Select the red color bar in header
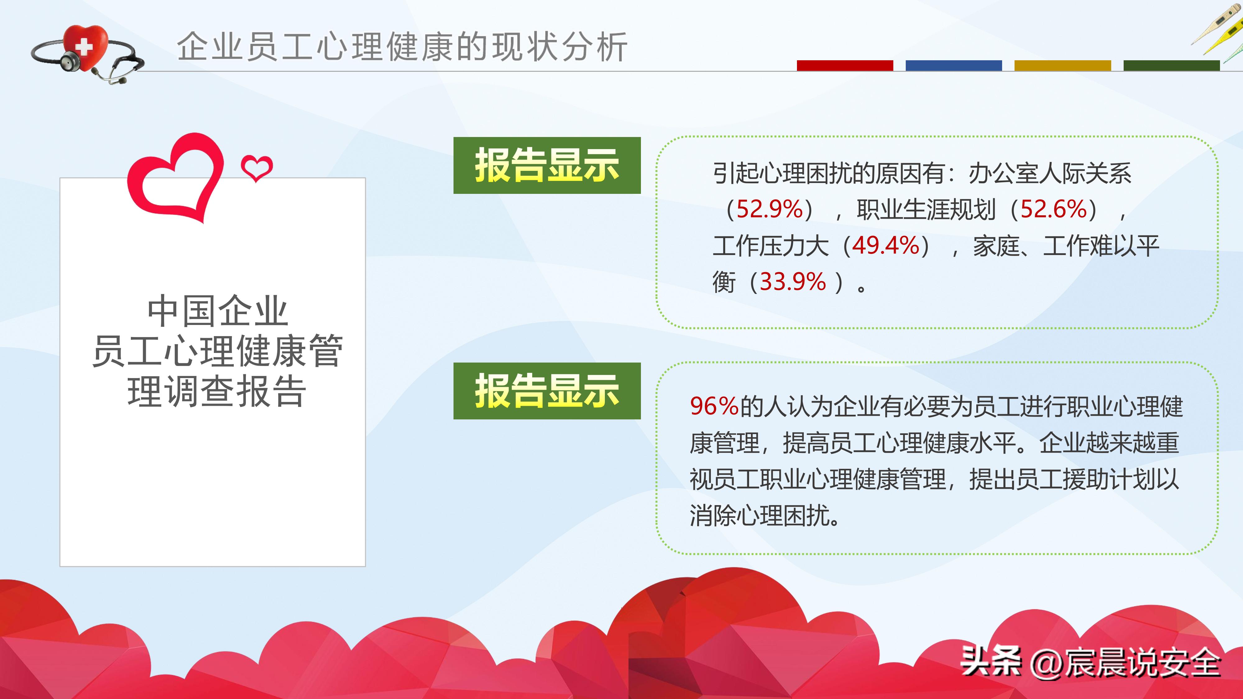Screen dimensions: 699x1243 845,66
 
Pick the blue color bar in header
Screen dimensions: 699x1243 954,66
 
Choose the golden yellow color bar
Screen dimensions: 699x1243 1062,66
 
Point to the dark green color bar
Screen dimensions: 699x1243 1171,66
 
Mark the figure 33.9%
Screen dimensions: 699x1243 793,282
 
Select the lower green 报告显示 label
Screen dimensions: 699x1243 547,391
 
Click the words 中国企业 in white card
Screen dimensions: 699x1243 217,311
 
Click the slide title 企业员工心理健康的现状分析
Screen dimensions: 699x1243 402,47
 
